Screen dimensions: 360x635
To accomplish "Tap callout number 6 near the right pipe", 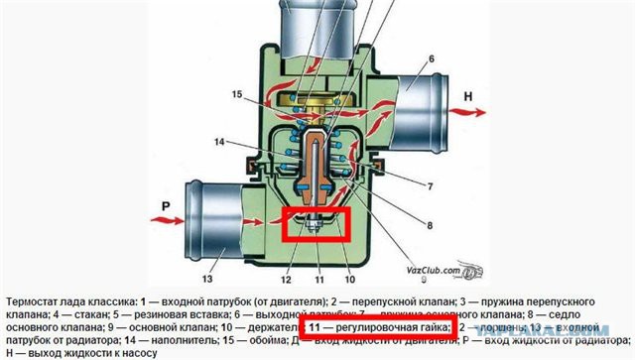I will coord(432,60).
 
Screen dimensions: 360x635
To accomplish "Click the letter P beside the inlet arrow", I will coord(136,211).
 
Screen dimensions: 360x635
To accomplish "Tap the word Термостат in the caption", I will coord(36,300).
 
